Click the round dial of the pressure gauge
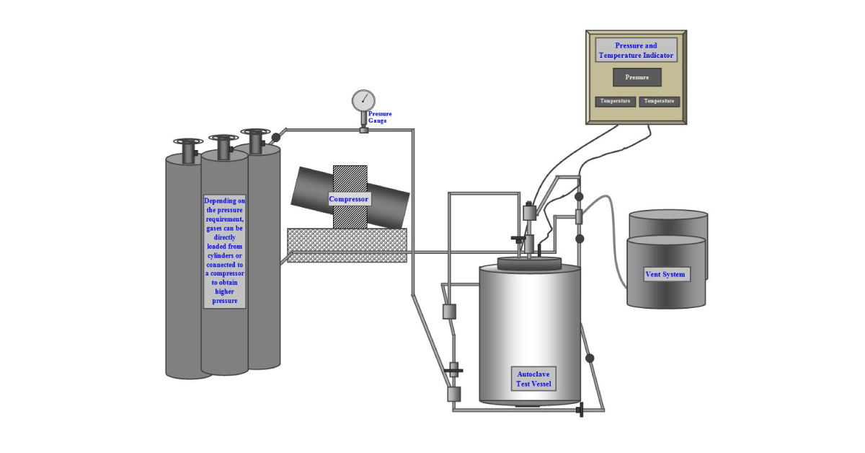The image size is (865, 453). pyautogui.click(x=363, y=101)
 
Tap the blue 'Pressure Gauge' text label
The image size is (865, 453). pyautogui.click(x=380, y=117)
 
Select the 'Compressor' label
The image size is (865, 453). pyautogui.click(x=349, y=199)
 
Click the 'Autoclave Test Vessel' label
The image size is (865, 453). pyautogui.click(x=534, y=379)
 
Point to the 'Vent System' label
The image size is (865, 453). pyautogui.click(x=665, y=274)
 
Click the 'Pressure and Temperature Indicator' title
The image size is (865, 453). pyautogui.click(x=636, y=50)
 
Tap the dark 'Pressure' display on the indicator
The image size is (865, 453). pyautogui.click(x=636, y=77)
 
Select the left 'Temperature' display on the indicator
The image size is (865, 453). pyautogui.click(x=615, y=101)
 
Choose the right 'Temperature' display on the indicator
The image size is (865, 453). pyautogui.click(x=659, y=101)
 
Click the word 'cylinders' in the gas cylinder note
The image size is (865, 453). pyautogui.click(x=224, y=255)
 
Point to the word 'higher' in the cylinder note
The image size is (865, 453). pyautogui.click(x=224, y=292)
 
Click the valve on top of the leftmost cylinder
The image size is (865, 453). pyautogui.click(x=188, y=151)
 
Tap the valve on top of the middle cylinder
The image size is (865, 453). pyautogui.click(x=223, y=146)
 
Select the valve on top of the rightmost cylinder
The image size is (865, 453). pyautogui.click(x=255, y=141)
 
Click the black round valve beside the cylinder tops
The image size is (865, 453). pyautogui.click(x=275, y=136)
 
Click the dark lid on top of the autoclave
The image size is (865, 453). pyautogui.click(x=529, y=263)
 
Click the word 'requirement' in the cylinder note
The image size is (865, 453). pyautogui.click(x=224, y=219)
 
